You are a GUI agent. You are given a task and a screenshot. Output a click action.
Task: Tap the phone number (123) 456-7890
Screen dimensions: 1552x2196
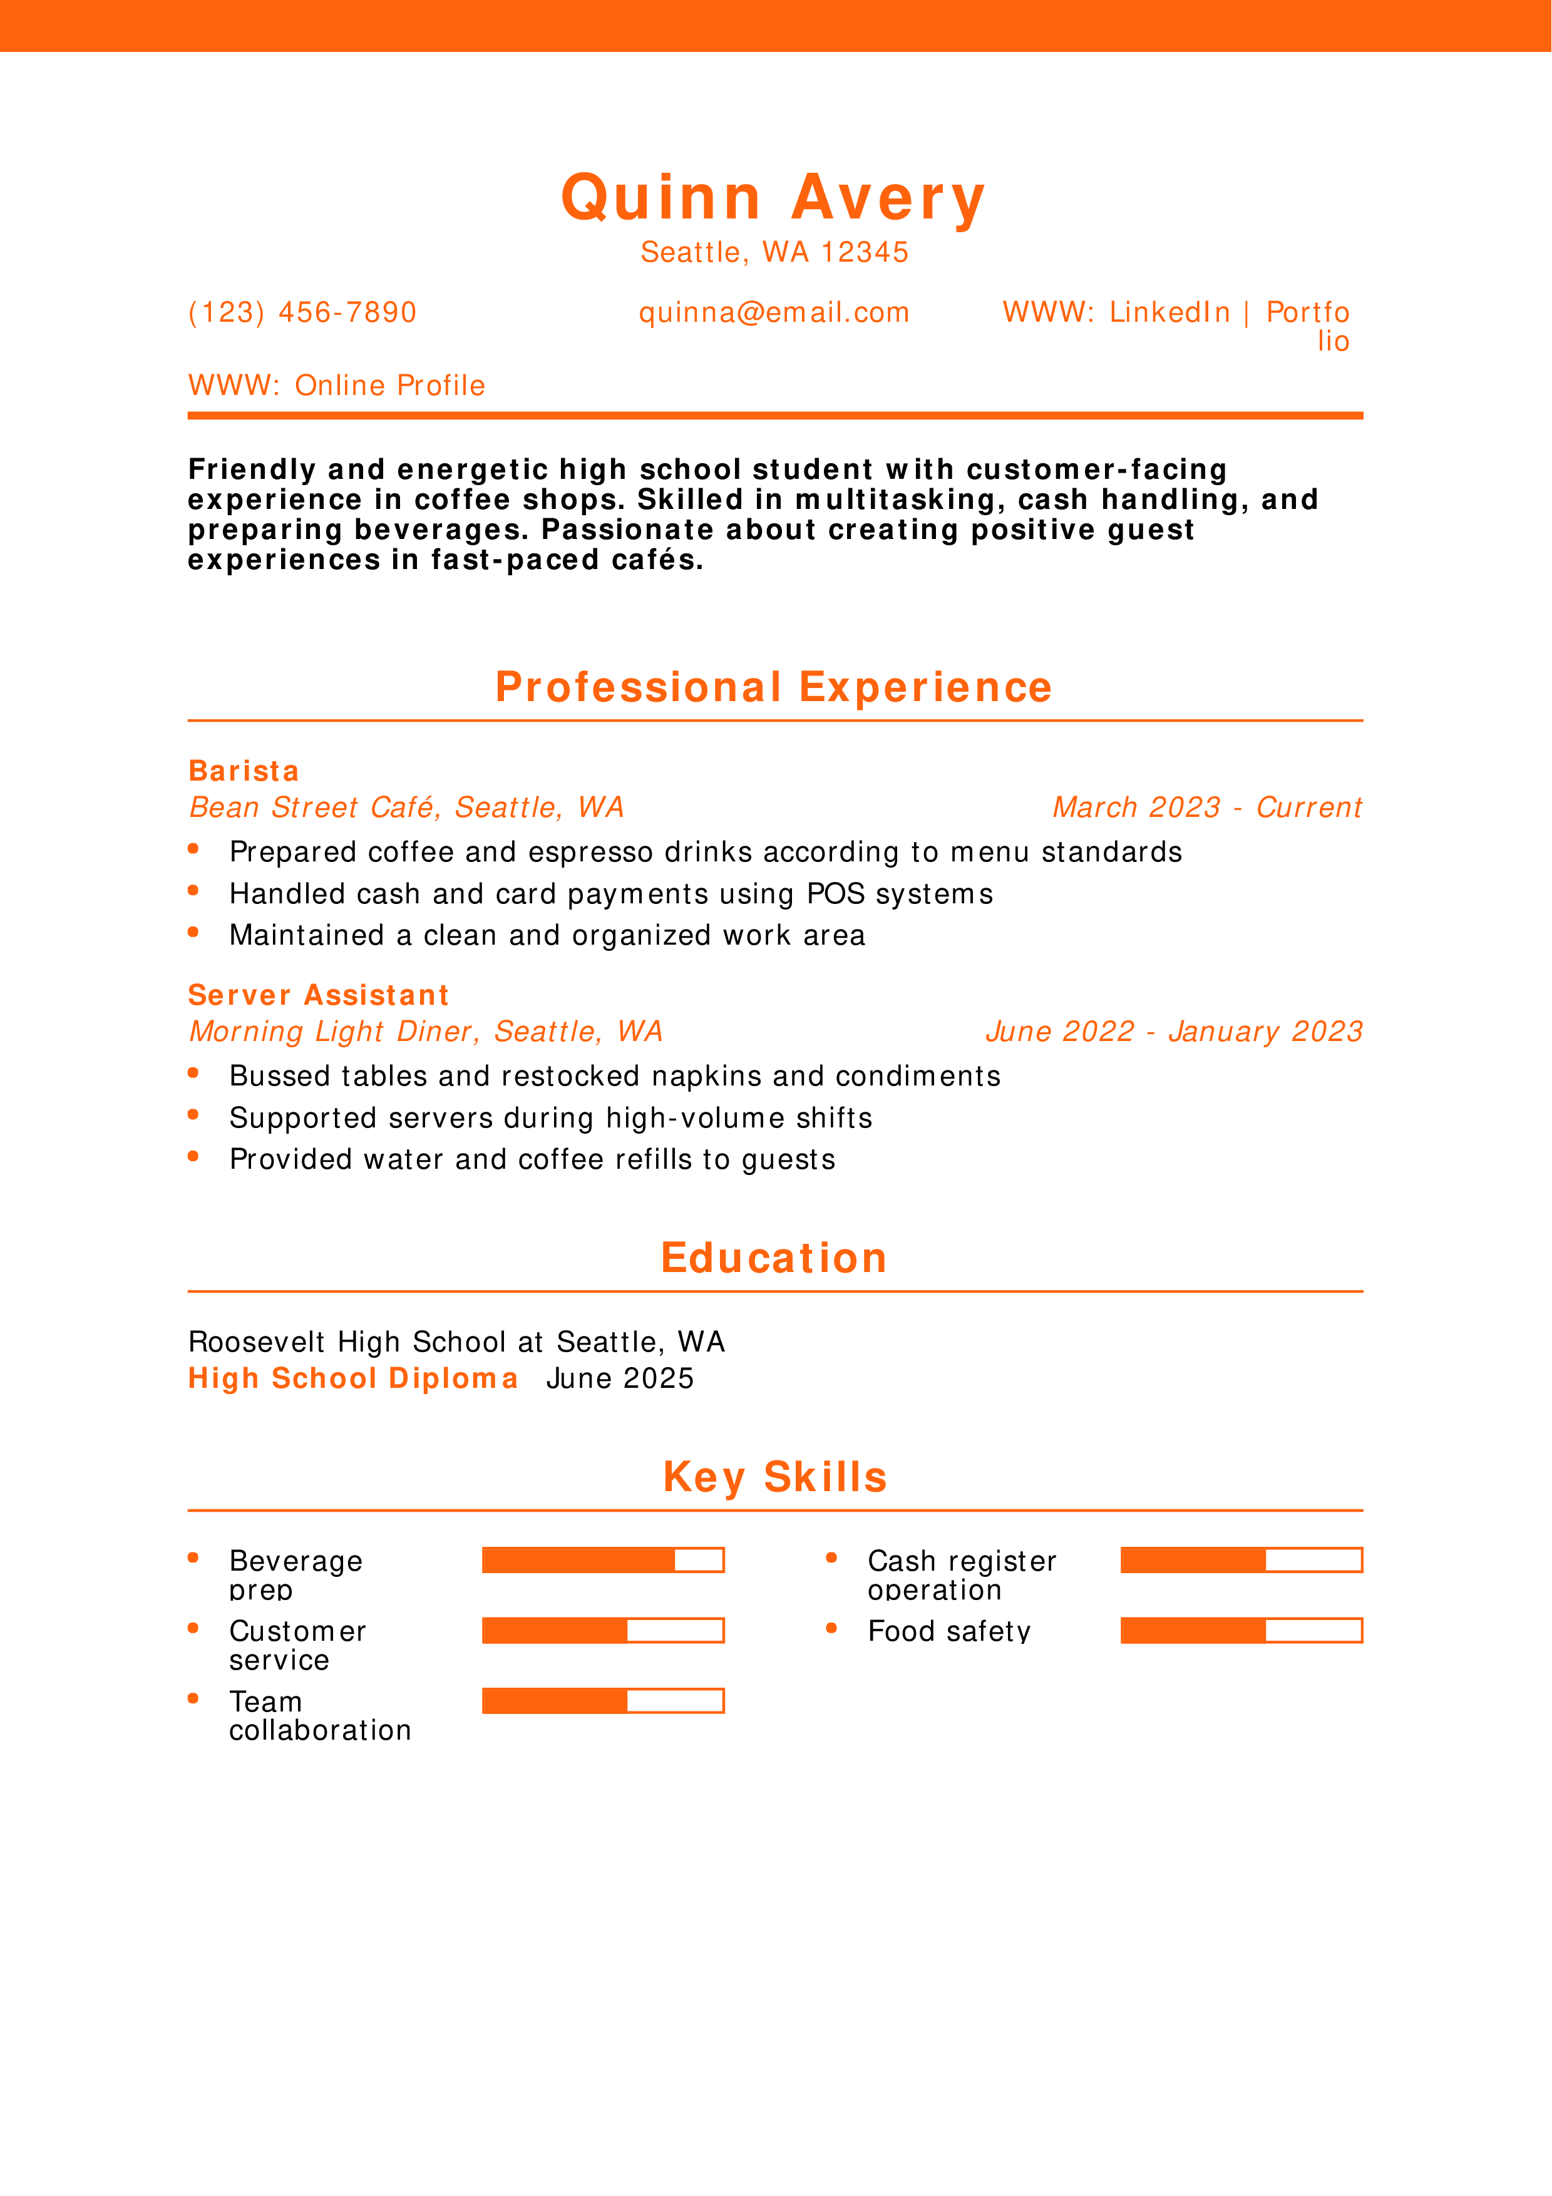click(x=302, y=313)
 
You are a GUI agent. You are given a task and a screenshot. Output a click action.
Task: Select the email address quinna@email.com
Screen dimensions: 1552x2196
click(x=774, y=313)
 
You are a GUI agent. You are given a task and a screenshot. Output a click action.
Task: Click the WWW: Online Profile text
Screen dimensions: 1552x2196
click(x=337, y=386)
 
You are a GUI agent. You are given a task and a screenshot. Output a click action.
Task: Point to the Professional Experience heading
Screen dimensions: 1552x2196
click(x=774, y=688)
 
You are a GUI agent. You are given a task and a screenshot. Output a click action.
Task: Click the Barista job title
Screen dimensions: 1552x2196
click(x=244, y=771)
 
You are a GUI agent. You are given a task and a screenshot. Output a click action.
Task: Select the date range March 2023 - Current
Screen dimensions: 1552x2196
click(x=1207, y=808)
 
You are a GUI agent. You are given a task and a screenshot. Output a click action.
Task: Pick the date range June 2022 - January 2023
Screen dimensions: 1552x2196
click(x=1173, y=1031)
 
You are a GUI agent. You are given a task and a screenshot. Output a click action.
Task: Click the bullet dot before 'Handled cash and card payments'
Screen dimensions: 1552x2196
click(x=193, y=890)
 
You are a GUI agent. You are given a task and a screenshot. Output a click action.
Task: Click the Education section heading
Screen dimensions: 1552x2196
click(x=774, y=1258)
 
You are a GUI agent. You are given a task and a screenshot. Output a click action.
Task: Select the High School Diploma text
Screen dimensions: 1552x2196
click(x=353, y=1378)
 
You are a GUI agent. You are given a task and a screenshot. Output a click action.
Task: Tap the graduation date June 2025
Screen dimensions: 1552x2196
click(x=620, y=1378)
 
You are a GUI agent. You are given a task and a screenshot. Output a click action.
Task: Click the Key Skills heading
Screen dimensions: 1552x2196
click(x=774, y=1477)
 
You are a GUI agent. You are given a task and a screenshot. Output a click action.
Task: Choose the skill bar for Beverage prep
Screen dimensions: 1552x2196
click(x=602, y=1560)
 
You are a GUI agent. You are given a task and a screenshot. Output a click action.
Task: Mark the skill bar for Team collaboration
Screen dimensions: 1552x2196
click(x=602, y=1701)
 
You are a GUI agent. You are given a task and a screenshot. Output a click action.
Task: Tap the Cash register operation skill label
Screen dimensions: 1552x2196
click(x=961, y=1574)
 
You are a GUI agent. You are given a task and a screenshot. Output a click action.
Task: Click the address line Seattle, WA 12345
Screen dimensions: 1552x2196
click(x=774, y=252)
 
